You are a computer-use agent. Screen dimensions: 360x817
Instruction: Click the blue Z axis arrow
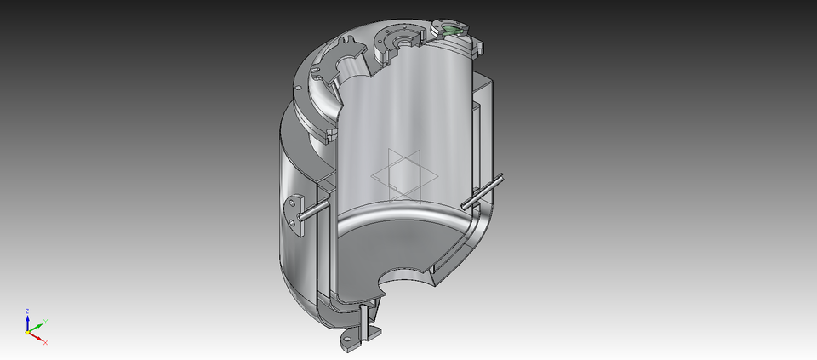point(27,321)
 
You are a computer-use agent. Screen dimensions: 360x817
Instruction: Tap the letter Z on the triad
point(27,311)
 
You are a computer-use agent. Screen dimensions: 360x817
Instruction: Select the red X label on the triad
point(45,342)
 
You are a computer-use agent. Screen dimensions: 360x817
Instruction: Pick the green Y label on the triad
point(44,321)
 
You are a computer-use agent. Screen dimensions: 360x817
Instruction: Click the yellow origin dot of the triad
point(28,332)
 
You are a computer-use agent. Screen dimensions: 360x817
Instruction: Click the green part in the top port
point(452,31)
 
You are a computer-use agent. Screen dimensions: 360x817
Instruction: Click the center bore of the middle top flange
point(399,42)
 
